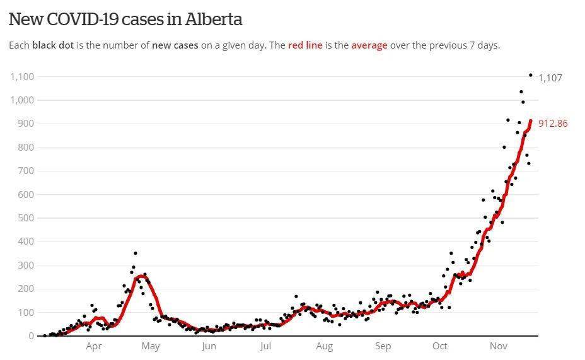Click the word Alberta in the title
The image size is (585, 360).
click(214, 19)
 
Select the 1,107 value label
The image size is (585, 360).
click(550, 78)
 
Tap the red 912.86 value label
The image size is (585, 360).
click(553, 124)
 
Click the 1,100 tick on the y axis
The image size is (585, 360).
click(22, 77)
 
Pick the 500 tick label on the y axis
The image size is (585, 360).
click(26, 218)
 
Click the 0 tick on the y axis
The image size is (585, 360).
click(31, 336)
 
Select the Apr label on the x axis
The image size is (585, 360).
click(94, 346)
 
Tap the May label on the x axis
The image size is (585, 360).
click(151, 346)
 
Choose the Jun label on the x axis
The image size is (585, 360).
click(209, 346)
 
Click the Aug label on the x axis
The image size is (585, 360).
click(324, 346)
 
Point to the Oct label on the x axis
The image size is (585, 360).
click(440, 346)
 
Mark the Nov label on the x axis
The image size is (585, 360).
click(499, 346)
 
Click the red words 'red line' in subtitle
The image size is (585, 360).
click(305, 46)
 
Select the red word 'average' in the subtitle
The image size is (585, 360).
click(369, 46)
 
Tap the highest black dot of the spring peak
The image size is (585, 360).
click(135, 253)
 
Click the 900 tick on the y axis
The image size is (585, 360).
click(26, 124)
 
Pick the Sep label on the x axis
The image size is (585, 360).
click(383, 346)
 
